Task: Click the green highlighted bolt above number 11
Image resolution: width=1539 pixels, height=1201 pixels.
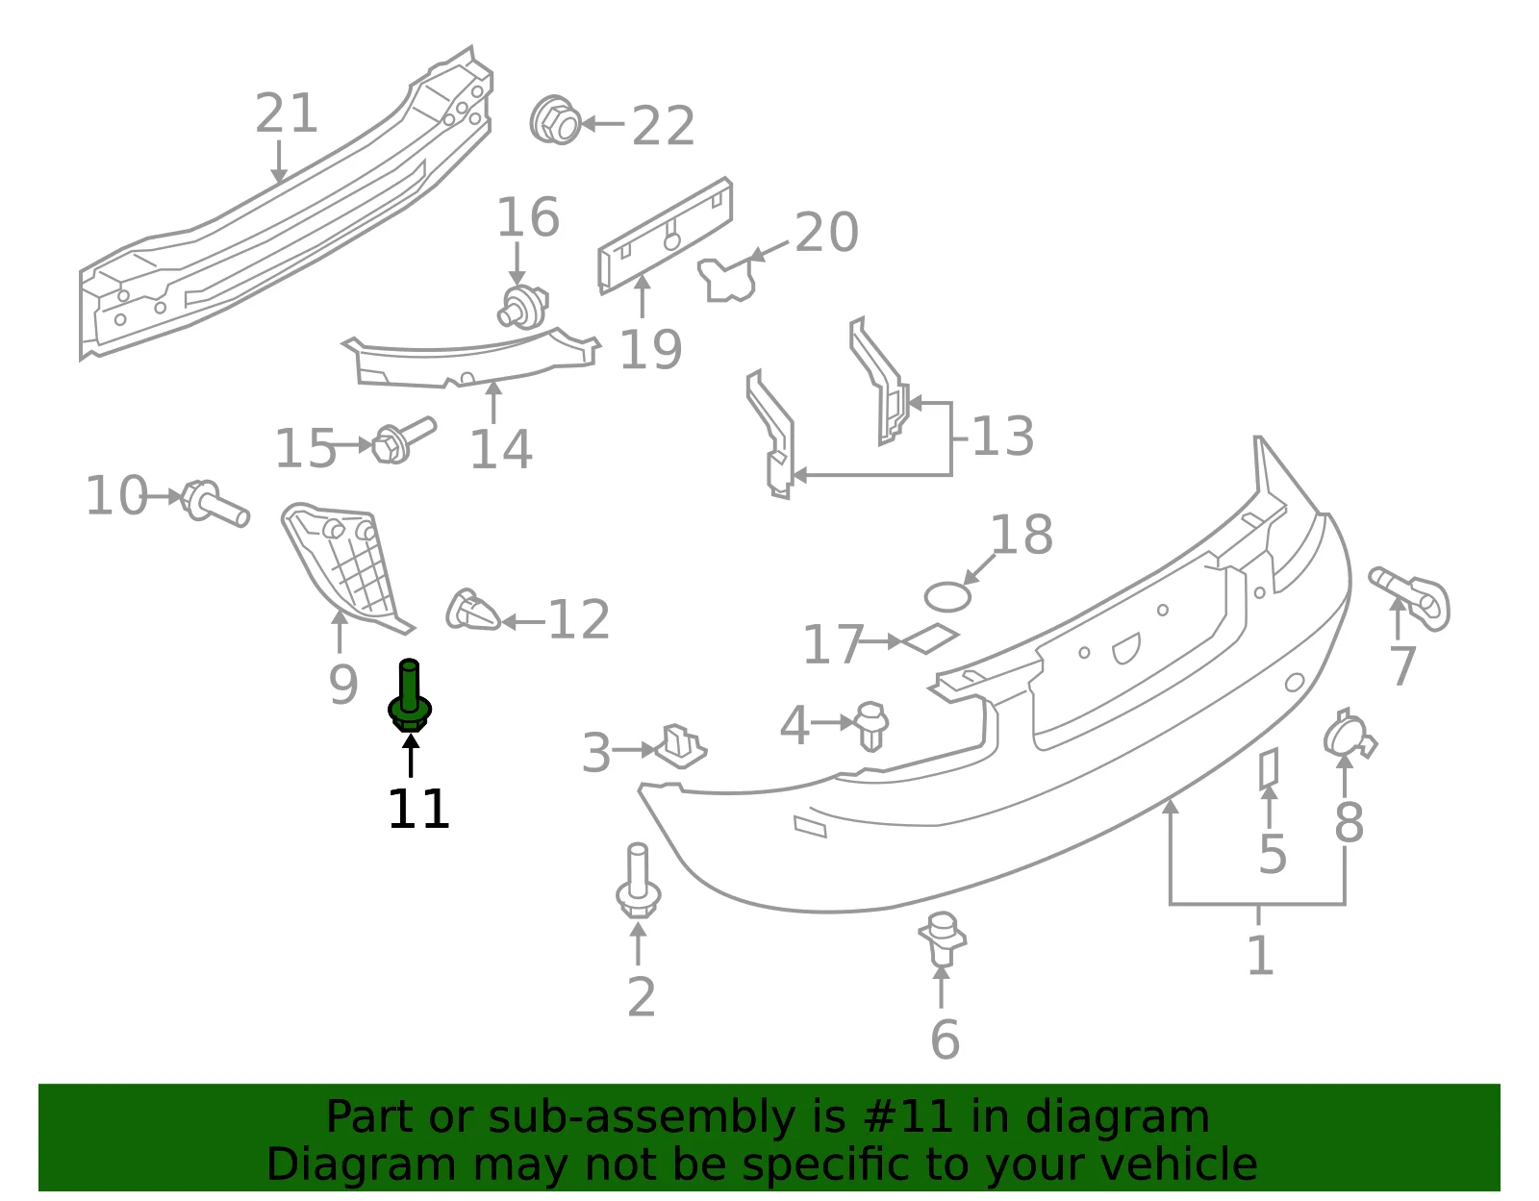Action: (x=410, y=696)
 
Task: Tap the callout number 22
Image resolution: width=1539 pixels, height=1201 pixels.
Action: (x=662, y=126)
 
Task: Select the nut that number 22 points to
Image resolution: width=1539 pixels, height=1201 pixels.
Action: (x=556, y=119)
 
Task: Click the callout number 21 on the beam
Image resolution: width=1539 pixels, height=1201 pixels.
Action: (x=286, y=113)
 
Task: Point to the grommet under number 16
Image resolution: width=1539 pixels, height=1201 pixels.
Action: (x=522, y=307)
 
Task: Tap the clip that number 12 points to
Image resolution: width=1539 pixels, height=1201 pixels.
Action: (x=472, y=610)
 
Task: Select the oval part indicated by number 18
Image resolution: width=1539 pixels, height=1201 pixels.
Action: (x=947, y=596)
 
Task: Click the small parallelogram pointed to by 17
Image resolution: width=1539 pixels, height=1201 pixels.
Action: (x=930, y=638)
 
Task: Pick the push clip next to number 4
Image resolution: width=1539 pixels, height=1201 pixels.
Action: (x=871, y=725)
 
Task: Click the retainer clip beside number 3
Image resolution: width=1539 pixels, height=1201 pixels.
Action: (x=680, y=745)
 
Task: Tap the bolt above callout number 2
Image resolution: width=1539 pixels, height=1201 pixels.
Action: (x=638, y=881)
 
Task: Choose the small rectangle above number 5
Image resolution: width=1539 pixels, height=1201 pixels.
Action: (x=1268, y=768)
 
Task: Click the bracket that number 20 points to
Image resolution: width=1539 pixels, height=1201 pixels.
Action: (x=726, y=279)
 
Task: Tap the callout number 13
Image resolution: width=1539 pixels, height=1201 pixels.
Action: (x=1003, y=436)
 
